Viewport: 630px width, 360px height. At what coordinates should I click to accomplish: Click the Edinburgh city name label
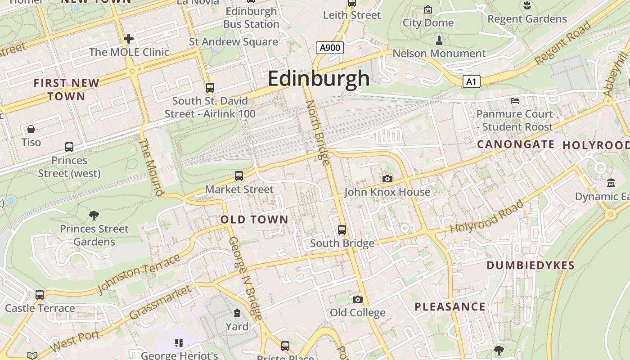319,78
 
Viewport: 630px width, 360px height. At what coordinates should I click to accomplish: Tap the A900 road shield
330,48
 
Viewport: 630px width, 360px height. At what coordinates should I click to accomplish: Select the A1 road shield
471,81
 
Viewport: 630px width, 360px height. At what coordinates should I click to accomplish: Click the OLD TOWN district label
254,220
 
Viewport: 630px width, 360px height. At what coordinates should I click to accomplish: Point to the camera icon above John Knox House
387,179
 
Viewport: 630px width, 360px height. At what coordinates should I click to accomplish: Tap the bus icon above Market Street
239,176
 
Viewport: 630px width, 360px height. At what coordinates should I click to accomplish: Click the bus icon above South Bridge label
342,230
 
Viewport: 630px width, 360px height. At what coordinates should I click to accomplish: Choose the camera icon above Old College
357,299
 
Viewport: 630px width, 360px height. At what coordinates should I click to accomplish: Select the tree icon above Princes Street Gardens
94,216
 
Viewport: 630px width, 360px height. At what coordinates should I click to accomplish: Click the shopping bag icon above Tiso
31,130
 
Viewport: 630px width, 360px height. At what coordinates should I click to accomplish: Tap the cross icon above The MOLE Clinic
129,39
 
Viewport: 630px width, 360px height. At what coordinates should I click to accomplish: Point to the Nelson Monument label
439,54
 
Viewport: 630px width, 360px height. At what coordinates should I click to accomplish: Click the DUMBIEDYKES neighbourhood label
531,265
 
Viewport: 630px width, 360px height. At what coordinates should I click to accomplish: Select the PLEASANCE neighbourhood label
450,307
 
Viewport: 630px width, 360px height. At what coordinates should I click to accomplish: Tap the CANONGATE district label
516,144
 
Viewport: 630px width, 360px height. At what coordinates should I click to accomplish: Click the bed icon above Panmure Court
514,100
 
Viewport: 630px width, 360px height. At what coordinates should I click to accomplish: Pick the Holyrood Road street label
487,216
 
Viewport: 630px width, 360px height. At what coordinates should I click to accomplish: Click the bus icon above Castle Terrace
40,295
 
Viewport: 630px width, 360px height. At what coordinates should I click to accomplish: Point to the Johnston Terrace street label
139,274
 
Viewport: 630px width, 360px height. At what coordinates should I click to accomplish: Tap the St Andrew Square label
233,42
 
